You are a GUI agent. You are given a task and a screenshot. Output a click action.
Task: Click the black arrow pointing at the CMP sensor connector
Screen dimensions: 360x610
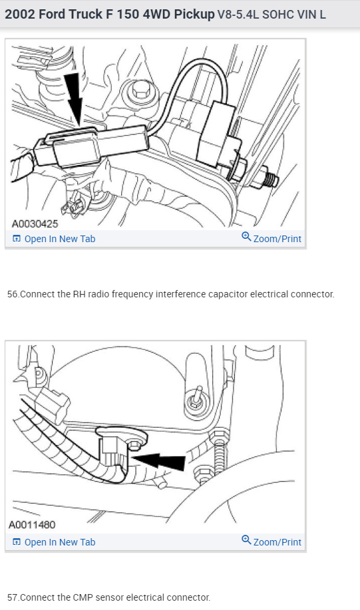point(158,460)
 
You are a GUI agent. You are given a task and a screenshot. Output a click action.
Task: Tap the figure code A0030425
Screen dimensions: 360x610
point(35,224)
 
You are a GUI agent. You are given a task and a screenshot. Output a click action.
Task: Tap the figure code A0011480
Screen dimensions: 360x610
point(32,525)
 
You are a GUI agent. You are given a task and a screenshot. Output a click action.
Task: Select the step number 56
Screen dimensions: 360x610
point(13,294)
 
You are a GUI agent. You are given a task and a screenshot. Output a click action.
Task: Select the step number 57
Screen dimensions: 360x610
point(13,597)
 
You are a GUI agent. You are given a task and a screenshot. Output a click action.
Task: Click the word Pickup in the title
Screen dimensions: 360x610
point(194,15)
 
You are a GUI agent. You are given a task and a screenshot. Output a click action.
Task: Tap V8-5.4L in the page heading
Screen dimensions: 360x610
point(238,15)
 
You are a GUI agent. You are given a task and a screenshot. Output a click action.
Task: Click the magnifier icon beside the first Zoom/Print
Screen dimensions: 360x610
point(246,237)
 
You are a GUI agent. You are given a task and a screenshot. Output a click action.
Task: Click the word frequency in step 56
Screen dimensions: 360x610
point(132,295)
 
